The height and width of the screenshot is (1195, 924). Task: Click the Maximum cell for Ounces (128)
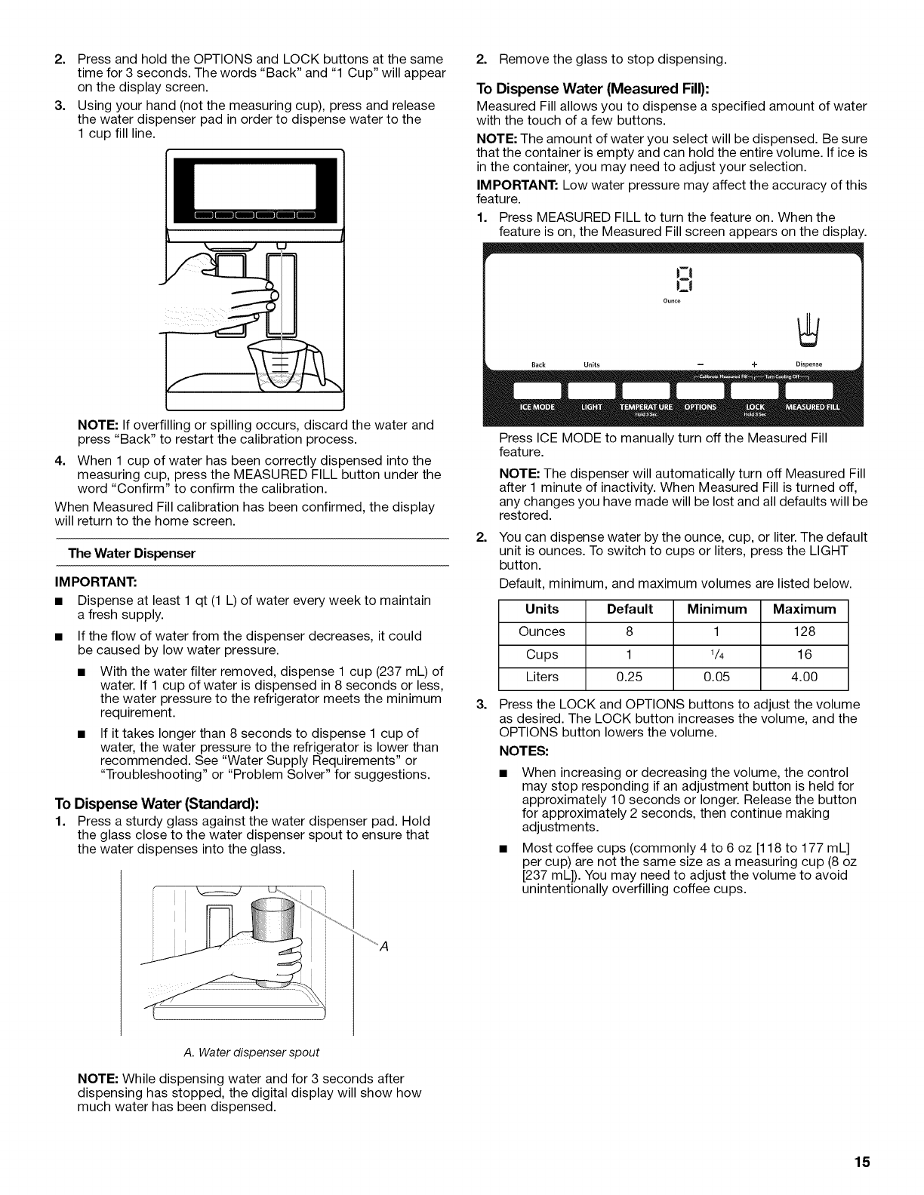pos(805,631)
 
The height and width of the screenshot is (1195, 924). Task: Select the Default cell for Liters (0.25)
pos(629,677)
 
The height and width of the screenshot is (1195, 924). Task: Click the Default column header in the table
pos(629,609)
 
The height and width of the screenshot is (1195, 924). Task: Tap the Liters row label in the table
pos(542,677)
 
